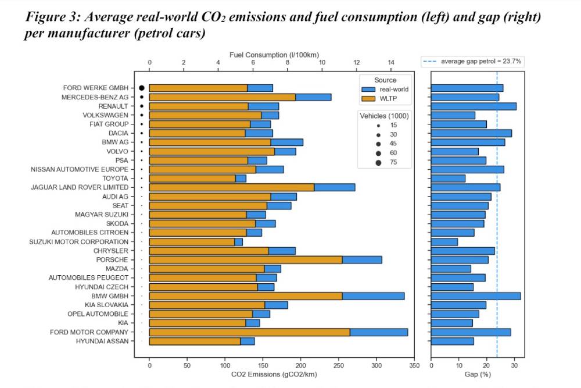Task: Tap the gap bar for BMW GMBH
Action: click(x=475, y=296)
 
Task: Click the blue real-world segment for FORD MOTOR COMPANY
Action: click(x=379, y=332)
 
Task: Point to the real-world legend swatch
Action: click(x=369, y=90)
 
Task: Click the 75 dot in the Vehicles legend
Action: click(x=378, y=162)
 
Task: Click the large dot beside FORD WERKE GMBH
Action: click(x=142, y=88)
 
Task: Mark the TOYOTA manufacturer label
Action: click(x=116, y=178)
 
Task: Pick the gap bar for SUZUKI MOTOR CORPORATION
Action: click(x=444, y=241)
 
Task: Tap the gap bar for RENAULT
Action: click(x=474, y=106)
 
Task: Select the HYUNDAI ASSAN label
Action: click(x=102, y=341)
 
